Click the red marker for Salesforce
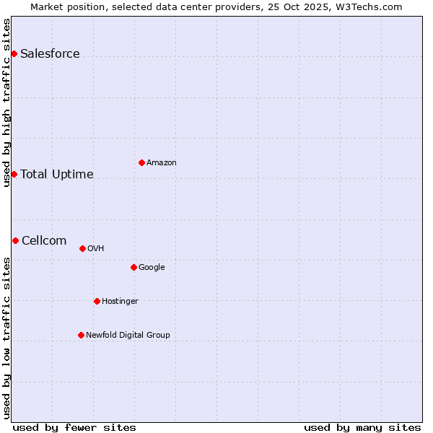[x=14, y=53]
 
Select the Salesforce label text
[x=50, y=54]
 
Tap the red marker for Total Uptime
[x=14, y=174]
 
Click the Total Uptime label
[x=57, y=175]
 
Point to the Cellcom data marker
[x=15, y=240]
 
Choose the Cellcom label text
[x=44, y=241]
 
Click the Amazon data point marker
[x=141, y=162]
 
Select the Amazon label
[x=162, y=163]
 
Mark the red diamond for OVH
[x=82, y=248]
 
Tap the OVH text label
[x=96, y=249]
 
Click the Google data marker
[x=134, y=267]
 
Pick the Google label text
[x=152, y=268]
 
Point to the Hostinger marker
[x=97, y=301]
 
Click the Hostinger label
[x=120, y=302]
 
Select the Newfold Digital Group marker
[x=81, y=335]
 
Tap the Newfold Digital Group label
[x=128, y=335]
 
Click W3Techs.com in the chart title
[x=372, y=6]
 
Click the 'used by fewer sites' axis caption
[x=74, y=427]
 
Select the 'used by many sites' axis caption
[x=362, y=427]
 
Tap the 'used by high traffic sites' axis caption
[x=6, y=102]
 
